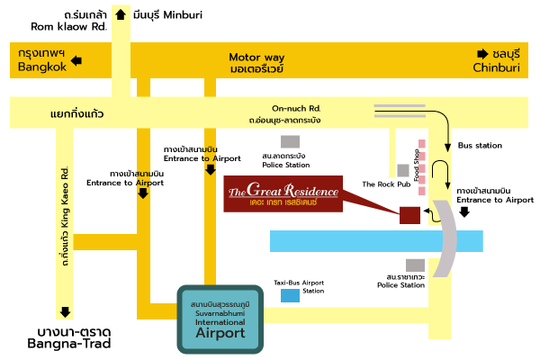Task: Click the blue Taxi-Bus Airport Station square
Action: [290, 295]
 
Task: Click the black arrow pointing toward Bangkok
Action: [76, 61]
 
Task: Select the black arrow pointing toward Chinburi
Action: [482, 52]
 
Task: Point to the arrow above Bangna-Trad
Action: [65, 313]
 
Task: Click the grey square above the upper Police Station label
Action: [289, 141]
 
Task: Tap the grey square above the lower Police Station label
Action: [414, 265]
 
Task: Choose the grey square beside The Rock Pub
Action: [403, 170]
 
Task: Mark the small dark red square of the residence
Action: [409, 214]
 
